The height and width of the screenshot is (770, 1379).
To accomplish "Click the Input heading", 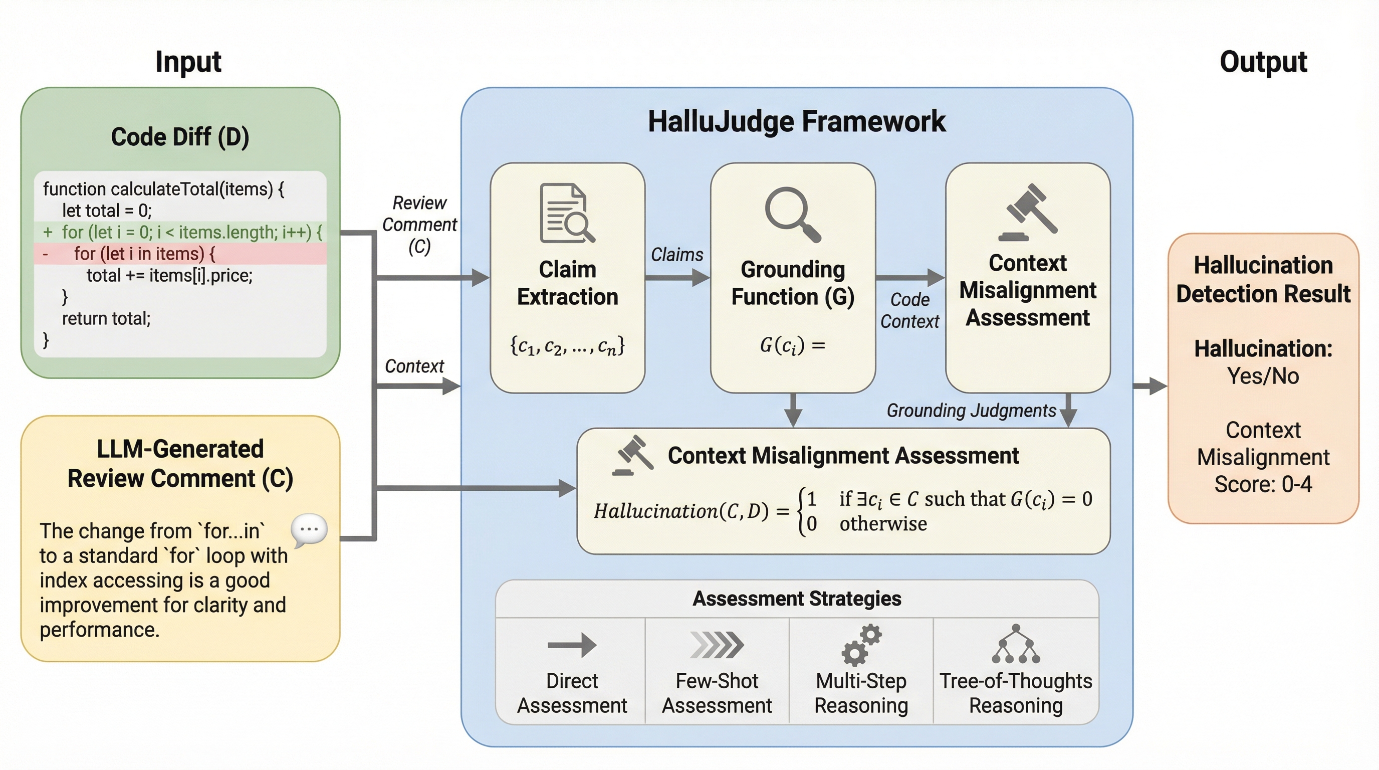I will [188, 62].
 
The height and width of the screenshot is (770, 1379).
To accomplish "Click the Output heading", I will [1263, 62].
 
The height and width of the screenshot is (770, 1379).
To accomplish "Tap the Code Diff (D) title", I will [180, 136].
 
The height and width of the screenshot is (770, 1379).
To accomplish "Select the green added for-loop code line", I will [182, 233].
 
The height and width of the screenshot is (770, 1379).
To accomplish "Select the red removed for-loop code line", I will [144, 254].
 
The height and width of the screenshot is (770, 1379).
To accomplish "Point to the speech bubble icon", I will [309, 530].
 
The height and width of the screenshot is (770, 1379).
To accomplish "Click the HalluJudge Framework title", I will [797, 121].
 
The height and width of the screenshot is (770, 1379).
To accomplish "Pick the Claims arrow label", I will [676, 254].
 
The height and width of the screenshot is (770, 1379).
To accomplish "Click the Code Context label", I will [909, 311].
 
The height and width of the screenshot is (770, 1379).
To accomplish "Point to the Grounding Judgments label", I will [971, 411].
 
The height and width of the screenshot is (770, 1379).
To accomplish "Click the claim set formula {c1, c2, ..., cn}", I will [567, 346].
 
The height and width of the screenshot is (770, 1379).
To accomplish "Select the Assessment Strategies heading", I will [797, 599].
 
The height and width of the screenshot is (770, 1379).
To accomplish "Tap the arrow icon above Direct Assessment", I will [572, 645].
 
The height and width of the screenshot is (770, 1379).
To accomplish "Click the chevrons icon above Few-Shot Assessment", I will [717, 645].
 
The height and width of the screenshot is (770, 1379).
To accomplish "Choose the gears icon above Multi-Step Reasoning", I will [861, 645].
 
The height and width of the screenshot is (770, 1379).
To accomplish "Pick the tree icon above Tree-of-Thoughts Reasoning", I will [1016, 644].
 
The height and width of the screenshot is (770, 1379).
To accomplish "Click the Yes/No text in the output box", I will [1263, 376].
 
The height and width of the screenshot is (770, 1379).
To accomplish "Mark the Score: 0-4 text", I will [1263, 484].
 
